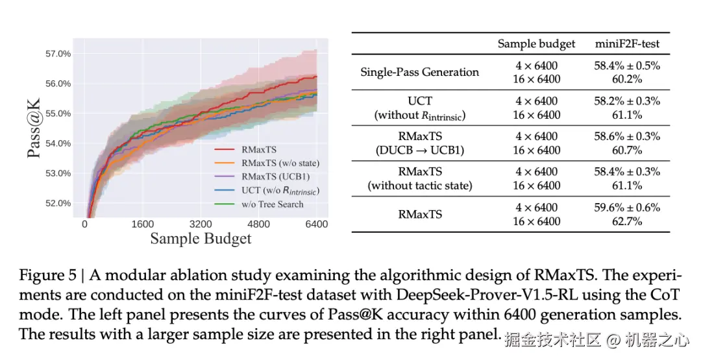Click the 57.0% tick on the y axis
pyautogui.click(x=57, y=54)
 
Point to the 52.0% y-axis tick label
pyautogui.click(x=57, y=203)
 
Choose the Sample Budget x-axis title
pyautogui.click(x=201, y=239)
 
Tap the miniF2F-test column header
pyautogui.click(x=627, y=44)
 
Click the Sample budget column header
pyautogui.click(x=536, y=44)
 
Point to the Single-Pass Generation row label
pyautogui.click(x=419, y=72)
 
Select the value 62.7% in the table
pyautogui.click(x=627, y=221)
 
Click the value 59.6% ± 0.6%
pyautogui.click(x=627, y=208)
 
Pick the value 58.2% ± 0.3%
pyautogui.click(x=627, y=101)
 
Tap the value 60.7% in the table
pyautogui.click(x=627, y=150)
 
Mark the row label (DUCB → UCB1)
pyautogui.click(x=419, y=150)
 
